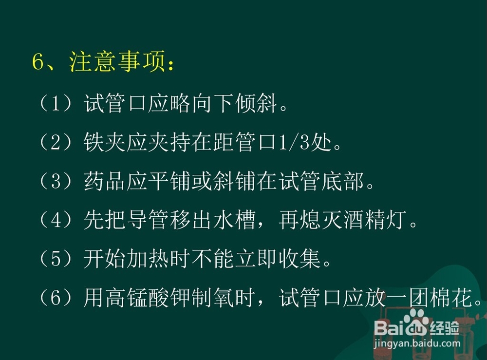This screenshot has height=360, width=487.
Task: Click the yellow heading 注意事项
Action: click(117, 61)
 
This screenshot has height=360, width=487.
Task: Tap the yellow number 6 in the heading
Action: click(38, 61)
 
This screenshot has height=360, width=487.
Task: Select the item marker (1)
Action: click(56, 103)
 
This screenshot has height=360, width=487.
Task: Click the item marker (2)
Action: click(56, 142)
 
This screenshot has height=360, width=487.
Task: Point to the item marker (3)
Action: click(56, 181)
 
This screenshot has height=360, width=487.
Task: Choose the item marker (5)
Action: click(56, 259)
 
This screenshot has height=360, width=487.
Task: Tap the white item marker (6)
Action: click(56, 298)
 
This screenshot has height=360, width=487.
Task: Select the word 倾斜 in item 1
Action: click(256, 103)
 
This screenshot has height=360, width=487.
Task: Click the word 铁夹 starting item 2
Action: click(104, 142)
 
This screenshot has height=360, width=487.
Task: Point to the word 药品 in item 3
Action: click(104, 181)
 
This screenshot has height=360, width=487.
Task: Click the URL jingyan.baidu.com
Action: click(417, 343)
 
